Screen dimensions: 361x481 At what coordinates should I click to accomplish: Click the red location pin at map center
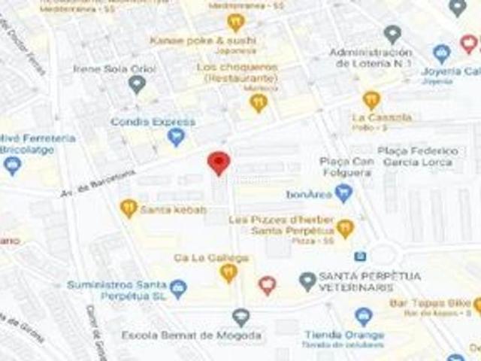click(219, 162)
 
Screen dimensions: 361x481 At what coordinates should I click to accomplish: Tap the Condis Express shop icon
click(176, 137)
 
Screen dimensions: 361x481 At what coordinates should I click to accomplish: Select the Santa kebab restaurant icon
click(129, 208)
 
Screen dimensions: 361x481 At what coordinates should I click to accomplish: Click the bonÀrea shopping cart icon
click(344, 193)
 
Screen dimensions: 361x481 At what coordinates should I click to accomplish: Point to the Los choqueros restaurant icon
click(259, 102)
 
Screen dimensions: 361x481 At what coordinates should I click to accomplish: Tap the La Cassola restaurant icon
click(371, 99)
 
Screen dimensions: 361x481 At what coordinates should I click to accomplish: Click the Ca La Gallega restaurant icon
click(228, 272)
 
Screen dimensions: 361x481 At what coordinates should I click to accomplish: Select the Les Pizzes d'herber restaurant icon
click(345, 228)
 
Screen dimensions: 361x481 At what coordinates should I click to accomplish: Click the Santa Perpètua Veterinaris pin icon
click(307, 282)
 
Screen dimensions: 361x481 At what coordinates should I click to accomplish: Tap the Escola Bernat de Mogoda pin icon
click(240, 317)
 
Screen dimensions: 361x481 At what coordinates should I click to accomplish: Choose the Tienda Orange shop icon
click(364, 317)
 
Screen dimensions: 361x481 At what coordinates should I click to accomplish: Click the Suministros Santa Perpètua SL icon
click(178, 288)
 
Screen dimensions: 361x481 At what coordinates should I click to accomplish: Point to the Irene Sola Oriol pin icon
click(136, 84)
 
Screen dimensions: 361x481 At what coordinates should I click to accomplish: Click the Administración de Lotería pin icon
click(392, 34)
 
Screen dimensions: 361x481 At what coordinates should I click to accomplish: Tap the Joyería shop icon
click(442, 53)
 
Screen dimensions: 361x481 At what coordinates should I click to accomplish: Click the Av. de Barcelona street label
click(98, 184)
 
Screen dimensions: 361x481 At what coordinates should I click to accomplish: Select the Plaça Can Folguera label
click(346, 167)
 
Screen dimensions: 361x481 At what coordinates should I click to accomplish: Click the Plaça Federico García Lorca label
click(418, 156)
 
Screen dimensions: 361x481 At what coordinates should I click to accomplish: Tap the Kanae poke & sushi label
click(203, 40)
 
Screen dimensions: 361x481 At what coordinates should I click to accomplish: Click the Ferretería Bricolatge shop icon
click(12, 165)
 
